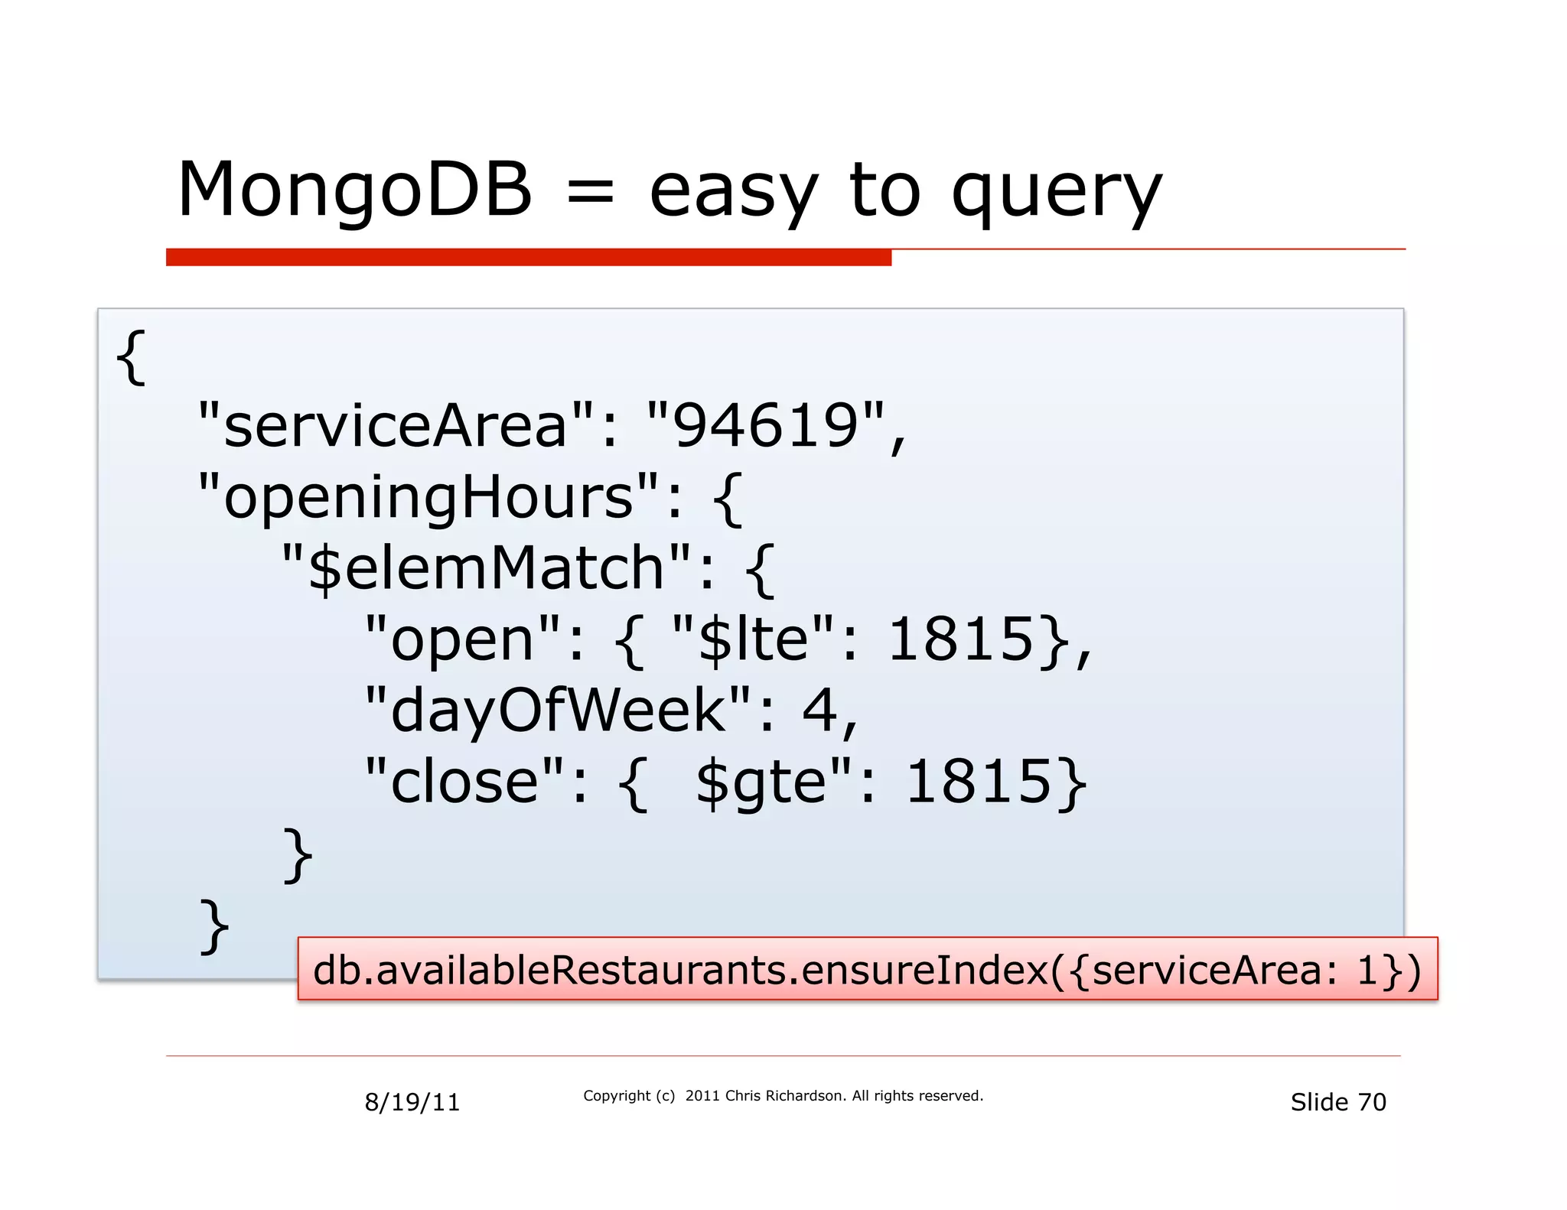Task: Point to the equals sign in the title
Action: coord(590,191)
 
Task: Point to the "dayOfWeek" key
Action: coord(559,711)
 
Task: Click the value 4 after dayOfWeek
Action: coord(819,711)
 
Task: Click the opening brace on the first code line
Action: coord(130,357)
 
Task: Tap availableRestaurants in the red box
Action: coord(582,970)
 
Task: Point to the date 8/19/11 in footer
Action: coord(412,1102)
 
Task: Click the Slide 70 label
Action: coord(1337,1102)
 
